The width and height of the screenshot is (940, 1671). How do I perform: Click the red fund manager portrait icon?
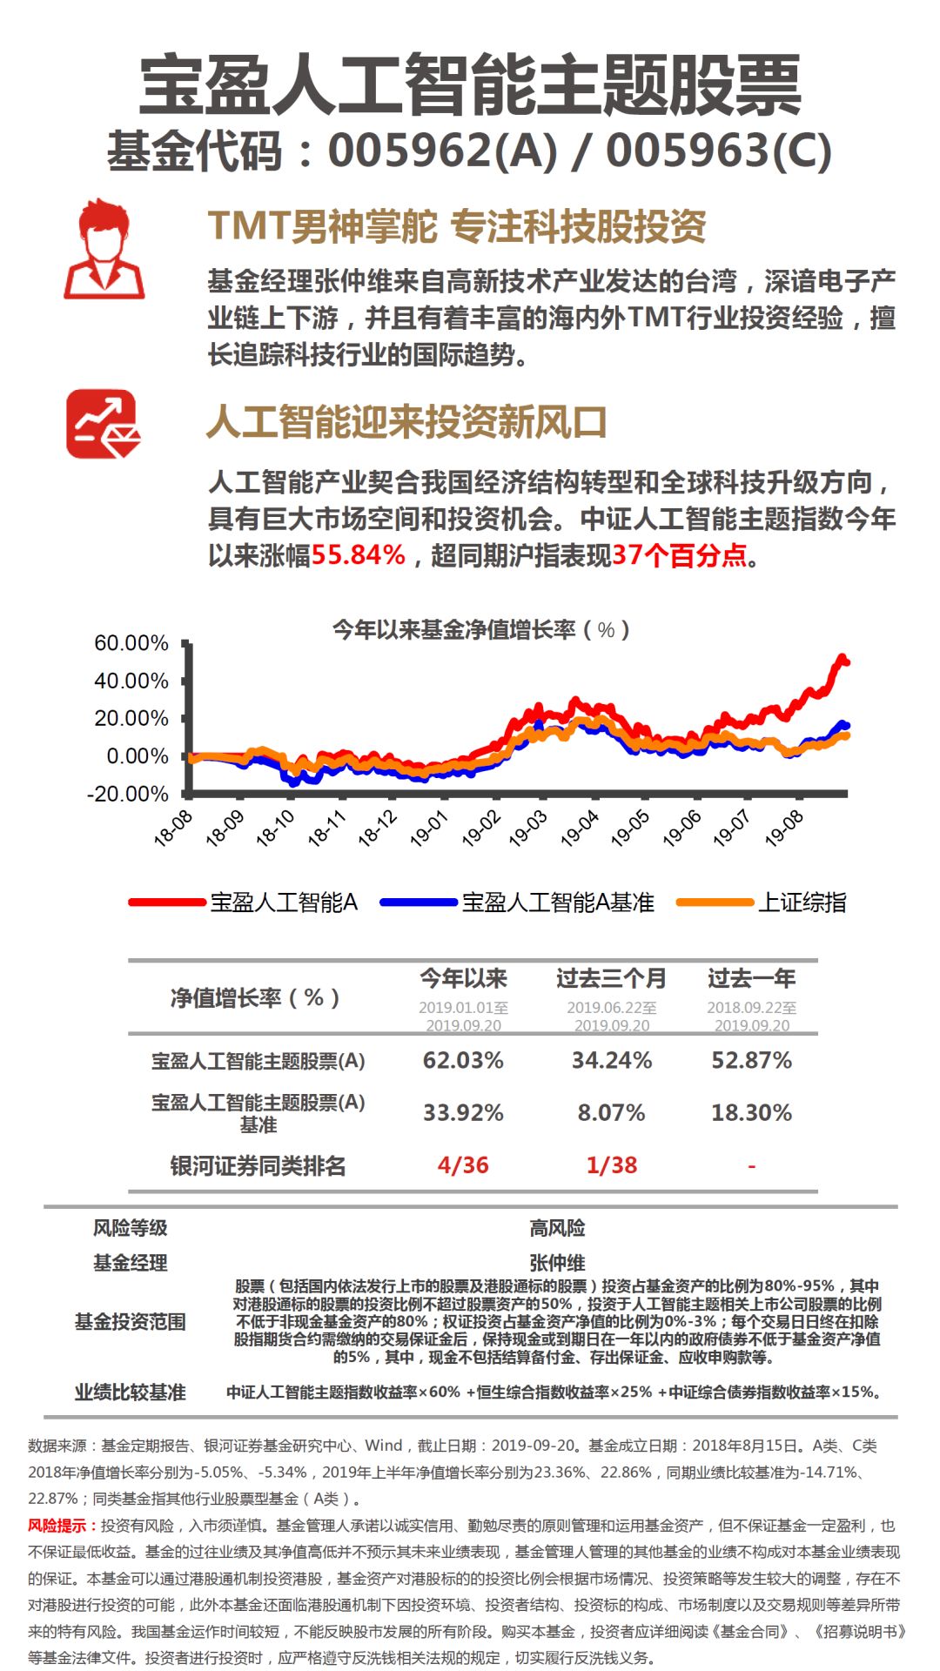click(104, 249)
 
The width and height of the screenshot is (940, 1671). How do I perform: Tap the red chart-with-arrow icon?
click(104, 424)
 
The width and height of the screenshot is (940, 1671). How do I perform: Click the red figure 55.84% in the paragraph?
click(359, 554)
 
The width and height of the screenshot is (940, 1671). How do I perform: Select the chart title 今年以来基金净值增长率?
click(480, 629)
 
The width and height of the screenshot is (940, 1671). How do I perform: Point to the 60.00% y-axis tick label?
click(131, 643)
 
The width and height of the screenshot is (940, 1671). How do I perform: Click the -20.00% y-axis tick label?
click(128, 794)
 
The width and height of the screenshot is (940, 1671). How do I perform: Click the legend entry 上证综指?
click(802, 903)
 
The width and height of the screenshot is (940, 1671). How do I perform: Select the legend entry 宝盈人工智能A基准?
click(557, 903)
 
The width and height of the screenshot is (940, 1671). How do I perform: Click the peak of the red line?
click(842, 657)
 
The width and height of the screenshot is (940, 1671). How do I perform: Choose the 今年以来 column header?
click(463, 978)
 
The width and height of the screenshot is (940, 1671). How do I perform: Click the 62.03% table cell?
click(463, 1060)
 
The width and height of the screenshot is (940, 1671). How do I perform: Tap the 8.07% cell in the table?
click(611, 1112)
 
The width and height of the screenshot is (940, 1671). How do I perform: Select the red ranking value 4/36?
click(463, 1164)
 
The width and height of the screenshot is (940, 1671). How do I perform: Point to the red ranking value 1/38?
click(611, 1164)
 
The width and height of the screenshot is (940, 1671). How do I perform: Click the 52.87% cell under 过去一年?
click(751, 1060)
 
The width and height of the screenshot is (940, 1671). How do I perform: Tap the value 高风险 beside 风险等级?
click(557, 1228)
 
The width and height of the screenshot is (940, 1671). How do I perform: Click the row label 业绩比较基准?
click(130, 1392)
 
